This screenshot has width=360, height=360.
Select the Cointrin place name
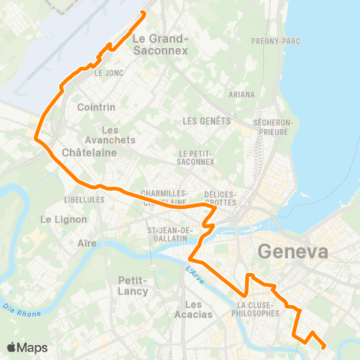click(94, 107)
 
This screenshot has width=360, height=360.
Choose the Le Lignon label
click(64, 220)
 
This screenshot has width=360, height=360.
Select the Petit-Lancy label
click(136, 286)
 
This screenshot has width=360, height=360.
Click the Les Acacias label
click(193, 309)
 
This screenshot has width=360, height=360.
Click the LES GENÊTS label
click(205, 121)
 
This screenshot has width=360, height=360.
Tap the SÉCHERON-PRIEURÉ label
click(271, 126)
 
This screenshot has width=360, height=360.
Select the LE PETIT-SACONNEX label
click(196, 157)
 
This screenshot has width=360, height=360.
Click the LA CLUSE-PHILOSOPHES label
click(258, 309)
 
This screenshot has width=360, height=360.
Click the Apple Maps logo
click(28, 347)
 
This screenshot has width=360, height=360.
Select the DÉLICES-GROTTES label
click(220, 198)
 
